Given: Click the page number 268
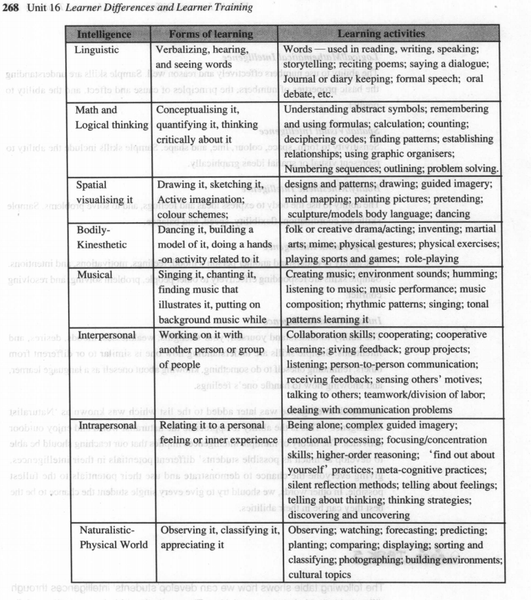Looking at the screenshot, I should [13, 7].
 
